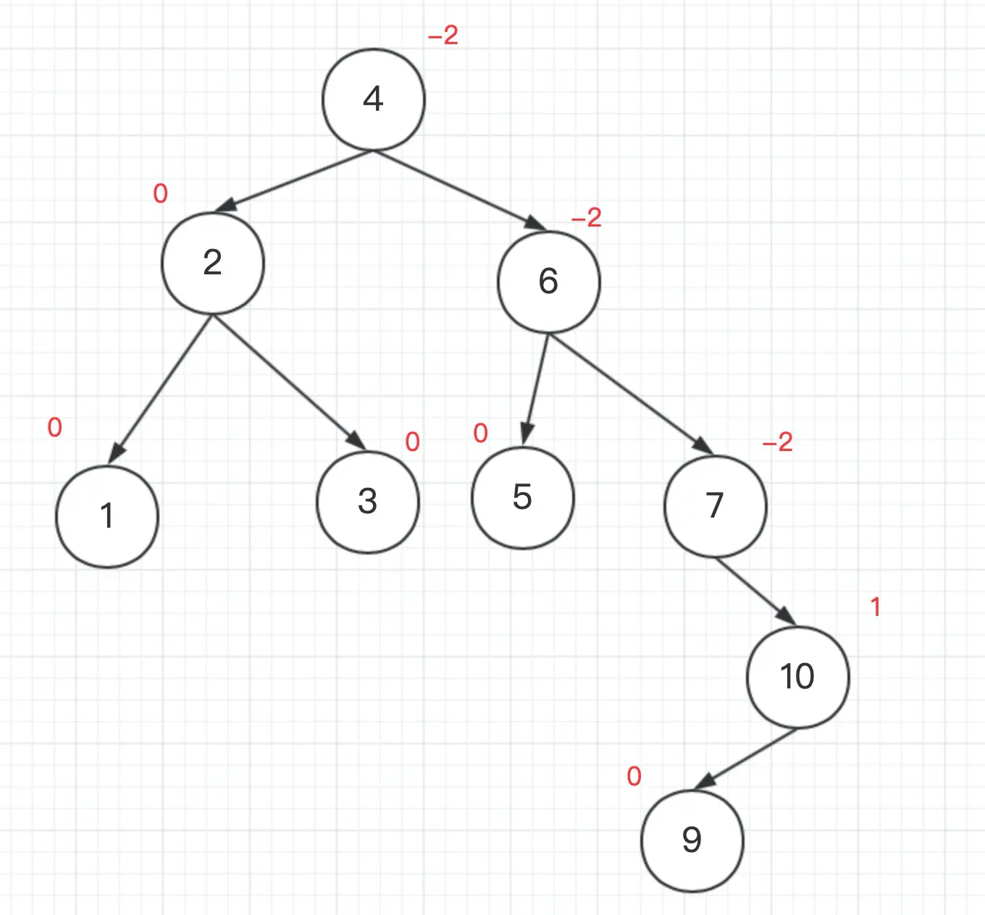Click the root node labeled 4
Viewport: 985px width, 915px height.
tap(373, 99)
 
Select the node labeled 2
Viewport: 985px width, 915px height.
tap(212, 263)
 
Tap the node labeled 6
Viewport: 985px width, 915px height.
tap(548, 282)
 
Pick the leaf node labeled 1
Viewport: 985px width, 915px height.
tap(107, 516)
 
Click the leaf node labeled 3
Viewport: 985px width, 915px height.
tap(368, 502)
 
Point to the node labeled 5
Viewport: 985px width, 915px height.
tap(522, 497)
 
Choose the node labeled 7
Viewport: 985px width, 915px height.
tap(715, 505)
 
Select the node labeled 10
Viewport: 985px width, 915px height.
tap(797, 677)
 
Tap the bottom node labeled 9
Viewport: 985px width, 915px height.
tap(692, 840)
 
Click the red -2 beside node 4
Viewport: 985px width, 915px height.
tap(443, 35)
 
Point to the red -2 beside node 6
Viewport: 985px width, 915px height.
tap(587, 218)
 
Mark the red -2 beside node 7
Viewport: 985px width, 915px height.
tap(778, 442)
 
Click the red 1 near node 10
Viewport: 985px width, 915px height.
tap(876, 607)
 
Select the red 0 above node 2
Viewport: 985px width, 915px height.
tap(161, 194)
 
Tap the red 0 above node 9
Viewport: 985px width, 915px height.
tap(634, 777)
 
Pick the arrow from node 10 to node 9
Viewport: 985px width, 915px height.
tap(746, 759)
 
